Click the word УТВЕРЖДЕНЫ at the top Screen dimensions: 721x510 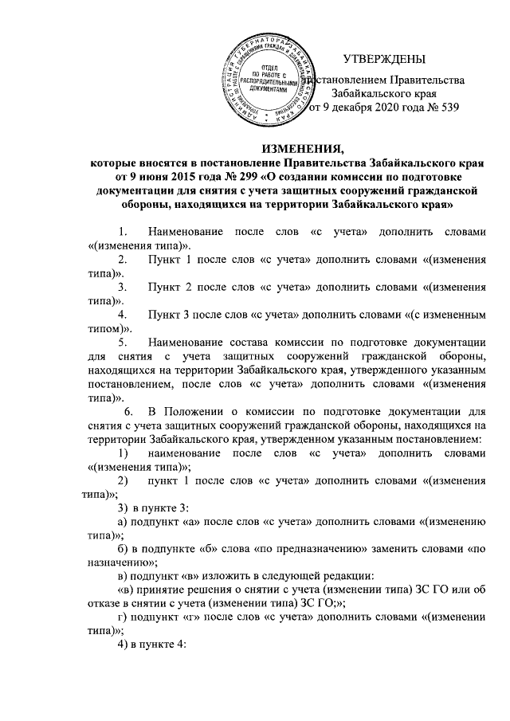(x=384, y=58)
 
